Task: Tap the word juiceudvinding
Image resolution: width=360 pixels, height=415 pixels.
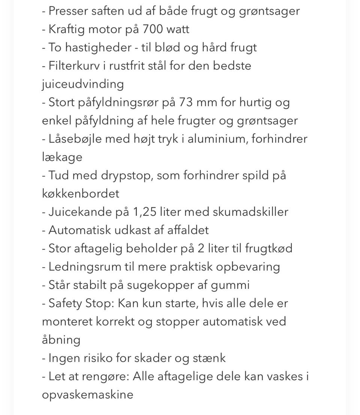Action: tap(82, 84)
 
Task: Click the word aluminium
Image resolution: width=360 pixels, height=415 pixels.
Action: tap(217, 139)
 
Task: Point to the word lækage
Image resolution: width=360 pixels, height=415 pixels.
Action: tap(62, 157)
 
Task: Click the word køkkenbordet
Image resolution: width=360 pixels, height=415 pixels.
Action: tap(81, 194)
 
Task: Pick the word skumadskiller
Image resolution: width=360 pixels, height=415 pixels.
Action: tap(250, 212)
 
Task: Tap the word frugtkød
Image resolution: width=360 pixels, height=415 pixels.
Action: tap(268, 248)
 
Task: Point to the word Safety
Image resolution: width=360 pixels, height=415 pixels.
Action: tap(64, 303)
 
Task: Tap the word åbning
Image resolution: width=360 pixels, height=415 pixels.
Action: tap(61, 340)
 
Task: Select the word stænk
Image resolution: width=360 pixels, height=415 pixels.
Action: tap(209, 358)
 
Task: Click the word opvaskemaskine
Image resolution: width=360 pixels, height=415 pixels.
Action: tap(87, 395)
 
